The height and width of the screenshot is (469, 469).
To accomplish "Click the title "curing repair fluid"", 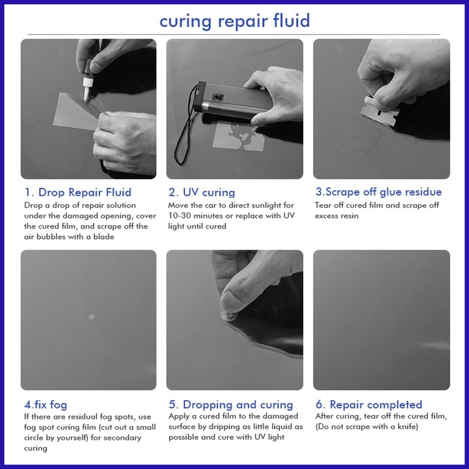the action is coord(234,21).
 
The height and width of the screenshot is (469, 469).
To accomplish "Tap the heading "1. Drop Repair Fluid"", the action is coord(78,192).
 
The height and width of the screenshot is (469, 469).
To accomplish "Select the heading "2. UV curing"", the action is coord(202,192).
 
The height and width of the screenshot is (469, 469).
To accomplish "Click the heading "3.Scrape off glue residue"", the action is coord(378,192).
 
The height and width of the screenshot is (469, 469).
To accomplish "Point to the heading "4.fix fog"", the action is coord(45,405).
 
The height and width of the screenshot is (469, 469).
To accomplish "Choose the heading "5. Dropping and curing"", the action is coord(231,405).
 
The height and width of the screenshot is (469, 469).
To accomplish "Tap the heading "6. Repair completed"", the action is coord(369,405).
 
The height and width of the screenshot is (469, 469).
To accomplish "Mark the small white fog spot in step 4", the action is coord(91,316).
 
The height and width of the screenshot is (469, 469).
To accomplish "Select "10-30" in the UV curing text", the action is coord(178,216).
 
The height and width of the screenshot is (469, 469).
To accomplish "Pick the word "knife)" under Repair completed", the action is coord(407,426).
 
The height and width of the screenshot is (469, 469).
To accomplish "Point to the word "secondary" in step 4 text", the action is coord(122,438).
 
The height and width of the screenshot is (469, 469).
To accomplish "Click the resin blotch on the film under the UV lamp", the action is coord(241,135).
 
